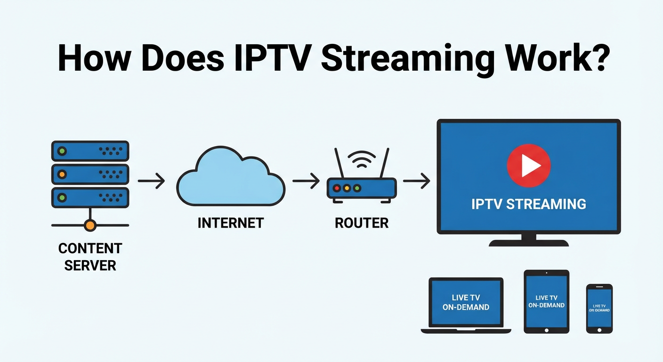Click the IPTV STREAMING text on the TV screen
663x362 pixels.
(x=528, y=204)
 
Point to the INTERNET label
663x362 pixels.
(x=231, y=223)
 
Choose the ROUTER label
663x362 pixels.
(x=362, y=223)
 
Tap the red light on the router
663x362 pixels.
(x=337, y=188)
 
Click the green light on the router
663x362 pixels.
(x=357, y=188)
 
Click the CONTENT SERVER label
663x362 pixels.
(x=90, y=256)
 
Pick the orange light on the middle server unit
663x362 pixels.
(x=62, y=174)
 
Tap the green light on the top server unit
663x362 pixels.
(x=62, y=151)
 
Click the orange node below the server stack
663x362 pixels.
(x=90, y=225)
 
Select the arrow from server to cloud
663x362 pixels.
(x=151, y=181)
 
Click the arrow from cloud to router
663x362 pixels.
(x=306, y=181)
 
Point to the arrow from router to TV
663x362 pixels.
(x=417, y=181)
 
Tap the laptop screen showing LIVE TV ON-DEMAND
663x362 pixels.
(x=466, y=302)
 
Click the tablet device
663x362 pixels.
(x=546, y=302)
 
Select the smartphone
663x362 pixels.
(x=599, y=308)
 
